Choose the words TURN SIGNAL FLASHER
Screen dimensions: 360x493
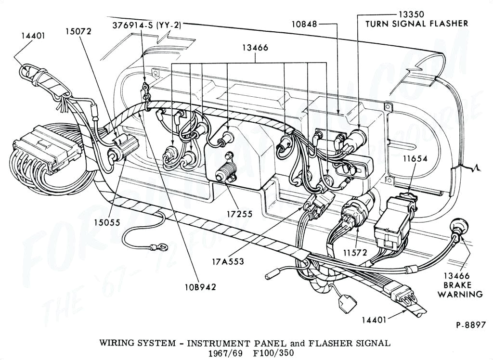(416, 23)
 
